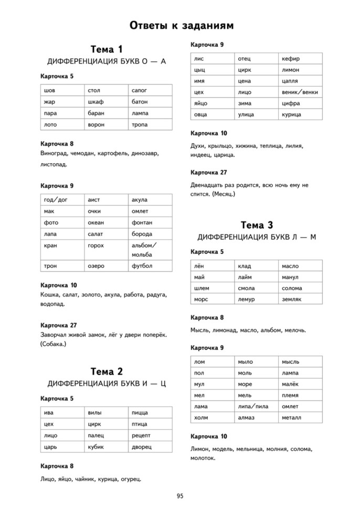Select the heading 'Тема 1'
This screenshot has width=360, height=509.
pos(107,49)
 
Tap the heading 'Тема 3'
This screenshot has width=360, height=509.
pos(256,225)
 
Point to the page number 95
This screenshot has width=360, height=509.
pos(180,495)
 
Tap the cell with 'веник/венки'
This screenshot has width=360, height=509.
pos(300,92)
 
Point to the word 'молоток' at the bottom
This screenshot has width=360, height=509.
pos(203,458)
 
